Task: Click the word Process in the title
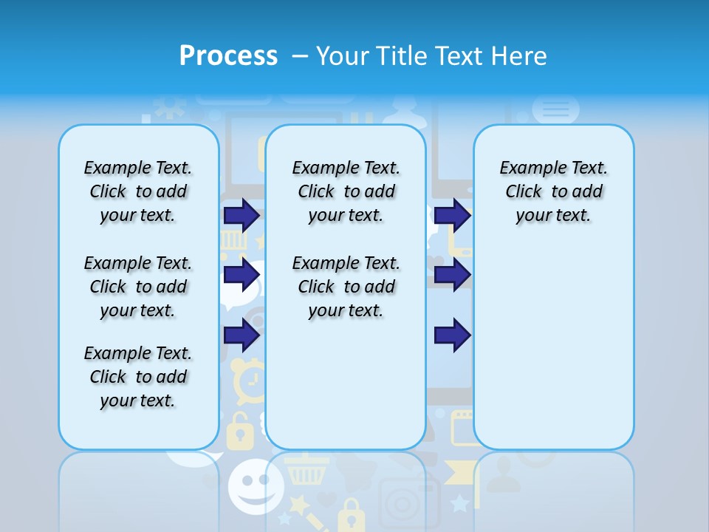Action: point(228,56)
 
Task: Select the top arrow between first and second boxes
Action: point(242,215)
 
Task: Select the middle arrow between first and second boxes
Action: point(242,275)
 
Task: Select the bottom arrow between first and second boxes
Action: point(242,335)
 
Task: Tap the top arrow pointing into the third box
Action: point(452,215)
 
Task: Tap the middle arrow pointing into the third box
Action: point(452,275)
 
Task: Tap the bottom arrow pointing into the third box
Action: point(452,335)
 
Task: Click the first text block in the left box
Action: point(138,191)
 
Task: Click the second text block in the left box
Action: point(138,287)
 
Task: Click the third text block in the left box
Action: point(138,377)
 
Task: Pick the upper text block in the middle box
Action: point(346,191)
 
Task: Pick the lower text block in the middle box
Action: point(346,287)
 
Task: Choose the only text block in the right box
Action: point(554,191)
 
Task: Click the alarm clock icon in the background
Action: point(250,380)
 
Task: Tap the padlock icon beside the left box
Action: point(238,432)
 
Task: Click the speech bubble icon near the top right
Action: point(555,109)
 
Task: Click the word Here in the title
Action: point(519,56)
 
